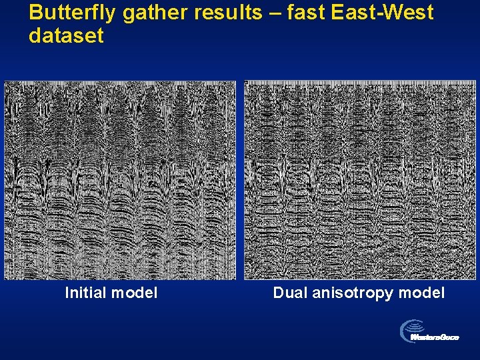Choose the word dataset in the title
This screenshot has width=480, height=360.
(x=66, y=35)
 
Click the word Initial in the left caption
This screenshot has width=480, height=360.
(x=86, y=293)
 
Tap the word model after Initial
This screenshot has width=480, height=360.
(x=135, y=293)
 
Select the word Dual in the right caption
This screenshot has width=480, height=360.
(x=289, y=293)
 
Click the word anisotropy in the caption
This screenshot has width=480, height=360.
(x=351, y=293)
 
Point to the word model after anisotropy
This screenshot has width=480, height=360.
(x=421, y=293)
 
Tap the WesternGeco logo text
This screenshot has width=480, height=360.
(x=435, y=337)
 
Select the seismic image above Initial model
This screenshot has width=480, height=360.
(x=120, y=179)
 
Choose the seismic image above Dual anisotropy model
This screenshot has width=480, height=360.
(x=359, y=180)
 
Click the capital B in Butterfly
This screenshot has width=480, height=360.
(x=36, y=13)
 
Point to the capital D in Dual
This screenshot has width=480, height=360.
(x=278, y=293)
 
